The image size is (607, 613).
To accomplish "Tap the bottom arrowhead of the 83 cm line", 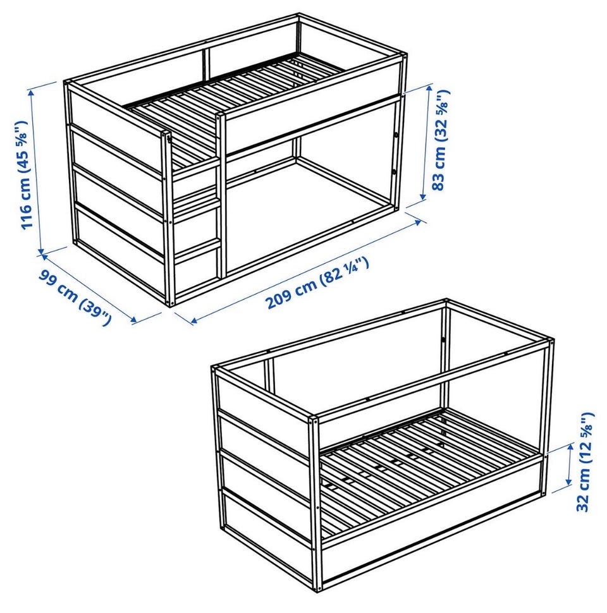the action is point(423,197).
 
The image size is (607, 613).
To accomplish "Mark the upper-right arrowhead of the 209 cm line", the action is point(418,221).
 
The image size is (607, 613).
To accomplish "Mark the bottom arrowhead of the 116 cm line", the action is point(40,252).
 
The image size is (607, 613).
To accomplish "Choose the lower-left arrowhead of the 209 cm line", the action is point(194,322).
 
